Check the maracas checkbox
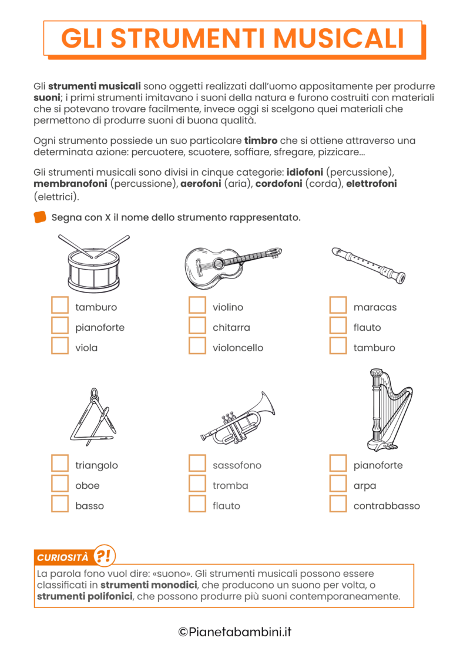click(x=338, y=305)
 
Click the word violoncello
click(x=238, y=348)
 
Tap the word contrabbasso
click(x=387, y=506)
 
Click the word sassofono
click(x=237, y=465)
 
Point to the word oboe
click(x=88, y=486)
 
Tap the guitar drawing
click(x=232, y=265)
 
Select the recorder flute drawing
click(x=368, y=265)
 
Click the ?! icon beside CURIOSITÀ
click(x=105, y=555)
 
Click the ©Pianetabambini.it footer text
click(x=235, y=632)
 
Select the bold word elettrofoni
click(x=371, y=184)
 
